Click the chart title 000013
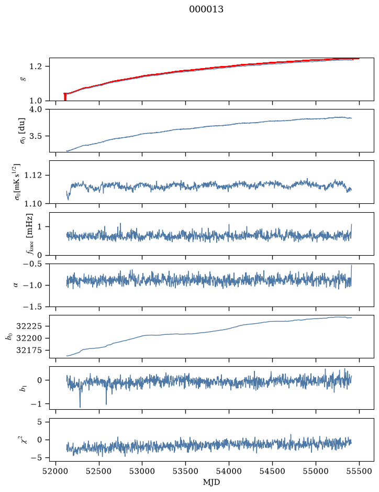pyautogui.click(x=206, y=9)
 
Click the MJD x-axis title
pyautogui.click(x=211, y=482)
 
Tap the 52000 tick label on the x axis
pyautogui.click(x=56, y=471)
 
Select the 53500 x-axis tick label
pyautogui.click(x=186, y=471)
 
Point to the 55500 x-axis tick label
pyautogui.click(x=359, y=471)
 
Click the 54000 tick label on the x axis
pyautogui.click(x=229, y=471)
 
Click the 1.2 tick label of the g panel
pyautogui.click(x=35, y=67)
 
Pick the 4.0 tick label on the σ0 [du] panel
pyautogui.click(x=35, y=109)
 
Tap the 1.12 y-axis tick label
pyautogui.click(x=32, y=175)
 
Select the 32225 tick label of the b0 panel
pyautogui.click(x=29, y=326)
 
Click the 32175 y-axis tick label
pyautogui.click(x=29, y=351)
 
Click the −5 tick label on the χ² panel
pyautogui.click(x=36, y=458)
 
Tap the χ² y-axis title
pyautogui.click(x=24, y=439)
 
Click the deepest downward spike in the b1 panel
pyautogui.click(x=80, y=407)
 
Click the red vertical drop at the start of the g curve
pyautogui.click(x=65, y=97)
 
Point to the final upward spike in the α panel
pyautogui.click(x=351, y=266)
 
